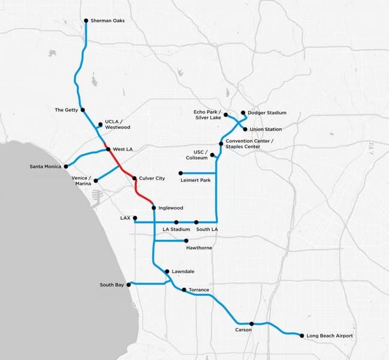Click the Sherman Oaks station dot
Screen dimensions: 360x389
86,20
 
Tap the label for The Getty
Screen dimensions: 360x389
66,110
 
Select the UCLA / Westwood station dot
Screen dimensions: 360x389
99,125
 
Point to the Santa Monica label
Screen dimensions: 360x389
46,166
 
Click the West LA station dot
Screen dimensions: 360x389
108,149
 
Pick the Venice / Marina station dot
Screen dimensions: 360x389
96,180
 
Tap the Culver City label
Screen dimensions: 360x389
152,179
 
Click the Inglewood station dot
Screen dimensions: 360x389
154,208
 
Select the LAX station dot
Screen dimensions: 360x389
135,218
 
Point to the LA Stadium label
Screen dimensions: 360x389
176,230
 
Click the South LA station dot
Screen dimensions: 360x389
196,222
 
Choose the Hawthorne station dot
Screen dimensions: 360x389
186,241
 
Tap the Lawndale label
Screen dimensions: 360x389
183,272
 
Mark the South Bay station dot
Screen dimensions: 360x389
128,285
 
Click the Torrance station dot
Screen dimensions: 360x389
183,290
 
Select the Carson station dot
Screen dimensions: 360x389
252,323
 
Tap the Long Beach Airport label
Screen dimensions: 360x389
329,336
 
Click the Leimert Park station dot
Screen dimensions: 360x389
180,173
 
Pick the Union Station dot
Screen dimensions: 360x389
245,129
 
